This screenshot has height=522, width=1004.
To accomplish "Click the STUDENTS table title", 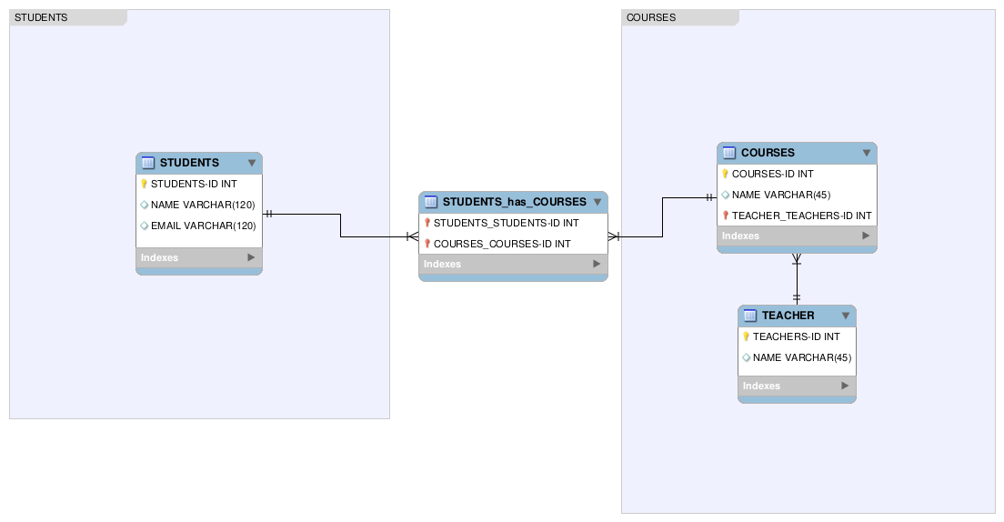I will tap(189, 163).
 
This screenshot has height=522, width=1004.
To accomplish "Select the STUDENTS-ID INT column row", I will tap(194, 184).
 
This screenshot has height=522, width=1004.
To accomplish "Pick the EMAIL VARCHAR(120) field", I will tap(203, 226).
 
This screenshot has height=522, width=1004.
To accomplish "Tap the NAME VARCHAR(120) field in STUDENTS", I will tap(203, 205).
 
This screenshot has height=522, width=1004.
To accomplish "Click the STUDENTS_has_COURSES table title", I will tap(514, 202).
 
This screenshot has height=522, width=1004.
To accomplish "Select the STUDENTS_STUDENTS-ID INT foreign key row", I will tap(506, 223).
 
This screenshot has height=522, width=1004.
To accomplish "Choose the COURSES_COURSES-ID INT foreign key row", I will tap(502, 244).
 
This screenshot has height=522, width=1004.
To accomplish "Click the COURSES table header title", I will tap(768, 153).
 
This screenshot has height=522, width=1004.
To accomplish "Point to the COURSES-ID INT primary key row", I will tap(772, 174).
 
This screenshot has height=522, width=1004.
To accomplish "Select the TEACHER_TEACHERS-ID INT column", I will tap(801, 216).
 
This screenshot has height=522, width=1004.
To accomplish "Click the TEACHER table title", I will tap(788, 316).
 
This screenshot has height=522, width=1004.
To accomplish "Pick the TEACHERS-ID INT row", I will tap(796, 336).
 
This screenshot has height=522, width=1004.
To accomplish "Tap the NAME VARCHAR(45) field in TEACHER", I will tap(802, 357).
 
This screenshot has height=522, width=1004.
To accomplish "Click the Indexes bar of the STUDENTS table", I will tap(198, 257).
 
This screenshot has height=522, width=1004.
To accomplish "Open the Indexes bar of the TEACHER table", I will tap(796, 386).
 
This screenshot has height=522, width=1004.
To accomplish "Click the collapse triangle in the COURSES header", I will tap(867, 153).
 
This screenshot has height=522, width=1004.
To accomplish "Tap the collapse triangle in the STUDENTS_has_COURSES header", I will tap(597, 202).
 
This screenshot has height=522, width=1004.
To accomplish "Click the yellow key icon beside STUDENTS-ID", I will tap(144, 184).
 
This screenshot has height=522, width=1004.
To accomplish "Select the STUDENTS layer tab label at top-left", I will tap(41, 17).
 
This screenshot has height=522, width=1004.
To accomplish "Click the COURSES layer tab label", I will tap(651, 17).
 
